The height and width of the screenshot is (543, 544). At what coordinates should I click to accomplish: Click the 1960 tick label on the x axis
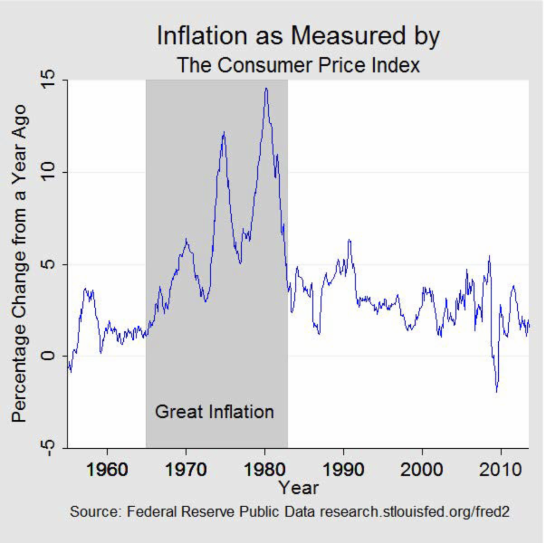pyautogui.click(x=107, y=469)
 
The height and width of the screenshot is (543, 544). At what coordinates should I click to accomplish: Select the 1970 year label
pyautogui.click(x=186, y=469)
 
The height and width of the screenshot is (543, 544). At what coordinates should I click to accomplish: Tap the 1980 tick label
pyautogui.click(x=265, y=469)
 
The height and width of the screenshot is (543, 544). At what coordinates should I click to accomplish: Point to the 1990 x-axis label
pyautogui.click(x=343, y=469)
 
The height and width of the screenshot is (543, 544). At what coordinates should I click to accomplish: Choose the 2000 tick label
pyautogui.click(x=422, y=469)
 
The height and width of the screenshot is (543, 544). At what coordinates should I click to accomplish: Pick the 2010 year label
pyautogui.click(x=500, y=469)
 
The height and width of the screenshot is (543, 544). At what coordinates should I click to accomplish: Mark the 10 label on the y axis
pyautogui.click(x=48, y=172)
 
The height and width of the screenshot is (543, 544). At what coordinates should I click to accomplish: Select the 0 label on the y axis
pyautogui.click(x=48, y=356)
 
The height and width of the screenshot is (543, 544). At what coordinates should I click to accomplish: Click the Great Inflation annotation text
pyautogui.click(x=214, y=412)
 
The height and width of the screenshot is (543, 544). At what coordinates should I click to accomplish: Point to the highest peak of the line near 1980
pyautogui.click(x=266, y=88)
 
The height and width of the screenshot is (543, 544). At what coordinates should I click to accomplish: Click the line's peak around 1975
pyautogui.click(x=223, y=132)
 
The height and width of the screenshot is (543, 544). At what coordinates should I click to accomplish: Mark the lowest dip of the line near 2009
pyautogui.click(x=497, y=391)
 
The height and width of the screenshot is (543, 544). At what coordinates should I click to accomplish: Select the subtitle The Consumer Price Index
pyautogui.click(x=298, y=65)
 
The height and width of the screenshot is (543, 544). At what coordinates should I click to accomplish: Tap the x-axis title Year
pyautogui.click(x=298, y=488)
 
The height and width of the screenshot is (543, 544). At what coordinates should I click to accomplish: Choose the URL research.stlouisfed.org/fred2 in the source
pyautogui.click(x=414, y=512)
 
